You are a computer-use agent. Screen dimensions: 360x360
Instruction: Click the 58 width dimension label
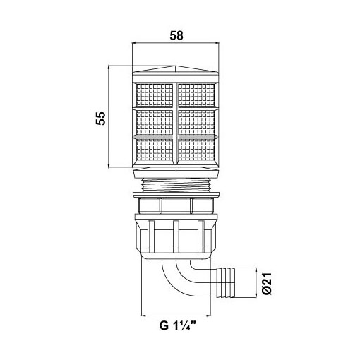(x=176, y=36)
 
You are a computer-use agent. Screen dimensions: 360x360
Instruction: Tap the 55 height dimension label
(x=101, y=119)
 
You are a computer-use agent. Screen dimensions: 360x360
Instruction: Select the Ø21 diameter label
(x=267, y=284)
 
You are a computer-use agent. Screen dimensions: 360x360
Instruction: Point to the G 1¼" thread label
(x=178, y=326)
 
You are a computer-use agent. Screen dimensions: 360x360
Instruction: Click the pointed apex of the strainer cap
(x=175, y=66)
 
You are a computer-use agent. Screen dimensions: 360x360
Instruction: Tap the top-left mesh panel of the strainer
(x=155, y=95)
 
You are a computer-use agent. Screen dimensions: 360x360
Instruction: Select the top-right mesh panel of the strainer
(x=196, y=95)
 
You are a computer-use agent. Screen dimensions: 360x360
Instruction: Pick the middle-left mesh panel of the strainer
(x=155, y=122)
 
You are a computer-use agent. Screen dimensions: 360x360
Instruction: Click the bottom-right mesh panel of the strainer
(x=196, y=150)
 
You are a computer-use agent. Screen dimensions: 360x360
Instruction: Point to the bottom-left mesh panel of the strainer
(x=155, y=150)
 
